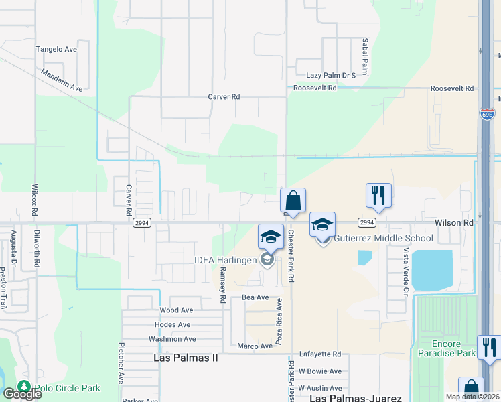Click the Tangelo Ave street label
coord(57,49)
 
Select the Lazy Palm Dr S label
coord(331,76)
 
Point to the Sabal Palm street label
coord(366,56)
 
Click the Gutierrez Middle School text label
coord(383,238)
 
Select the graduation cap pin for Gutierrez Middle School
coord(322,224)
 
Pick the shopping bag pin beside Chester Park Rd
coord(293,200)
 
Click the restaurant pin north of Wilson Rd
coord(378,196)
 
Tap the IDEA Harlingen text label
coord(226,260)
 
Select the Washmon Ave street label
coord(173,339)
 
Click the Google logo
coord(22,394)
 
